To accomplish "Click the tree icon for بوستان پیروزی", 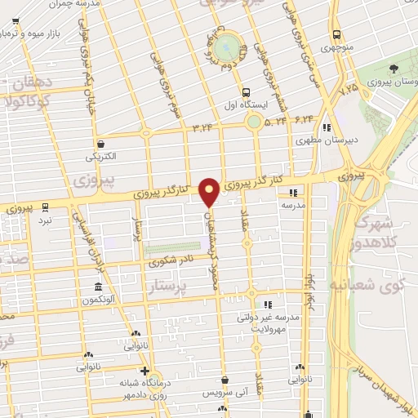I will [x=395, y=68].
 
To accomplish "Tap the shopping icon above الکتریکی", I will [x=100, y=141].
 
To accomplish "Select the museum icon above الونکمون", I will [x=98, y=287].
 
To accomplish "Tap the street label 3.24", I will [x=202, y=127].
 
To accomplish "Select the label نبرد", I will [x=45, y=220].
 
